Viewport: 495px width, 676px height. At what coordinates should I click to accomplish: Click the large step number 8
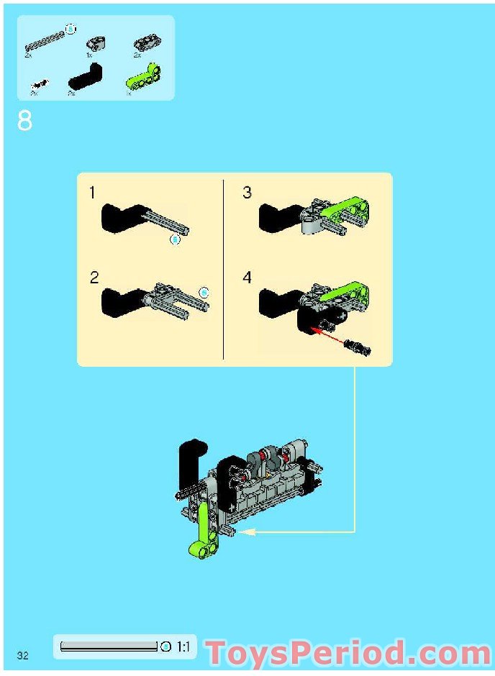[24, 121]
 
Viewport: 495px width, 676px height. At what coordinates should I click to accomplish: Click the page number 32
[23, 654]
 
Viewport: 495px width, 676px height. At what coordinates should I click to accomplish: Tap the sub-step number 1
[92, 193]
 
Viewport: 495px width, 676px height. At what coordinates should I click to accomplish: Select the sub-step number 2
[94, 278]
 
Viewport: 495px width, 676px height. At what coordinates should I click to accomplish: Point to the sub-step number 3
[247, 193]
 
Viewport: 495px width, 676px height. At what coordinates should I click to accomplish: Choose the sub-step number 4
[247, 278]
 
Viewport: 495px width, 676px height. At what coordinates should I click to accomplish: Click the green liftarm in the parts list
[144, 76]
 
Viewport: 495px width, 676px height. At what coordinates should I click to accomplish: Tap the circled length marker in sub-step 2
[204, 292]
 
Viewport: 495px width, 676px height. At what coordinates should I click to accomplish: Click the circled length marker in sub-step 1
[174, 239]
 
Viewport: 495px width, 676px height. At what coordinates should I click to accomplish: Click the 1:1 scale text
[183, 647]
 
